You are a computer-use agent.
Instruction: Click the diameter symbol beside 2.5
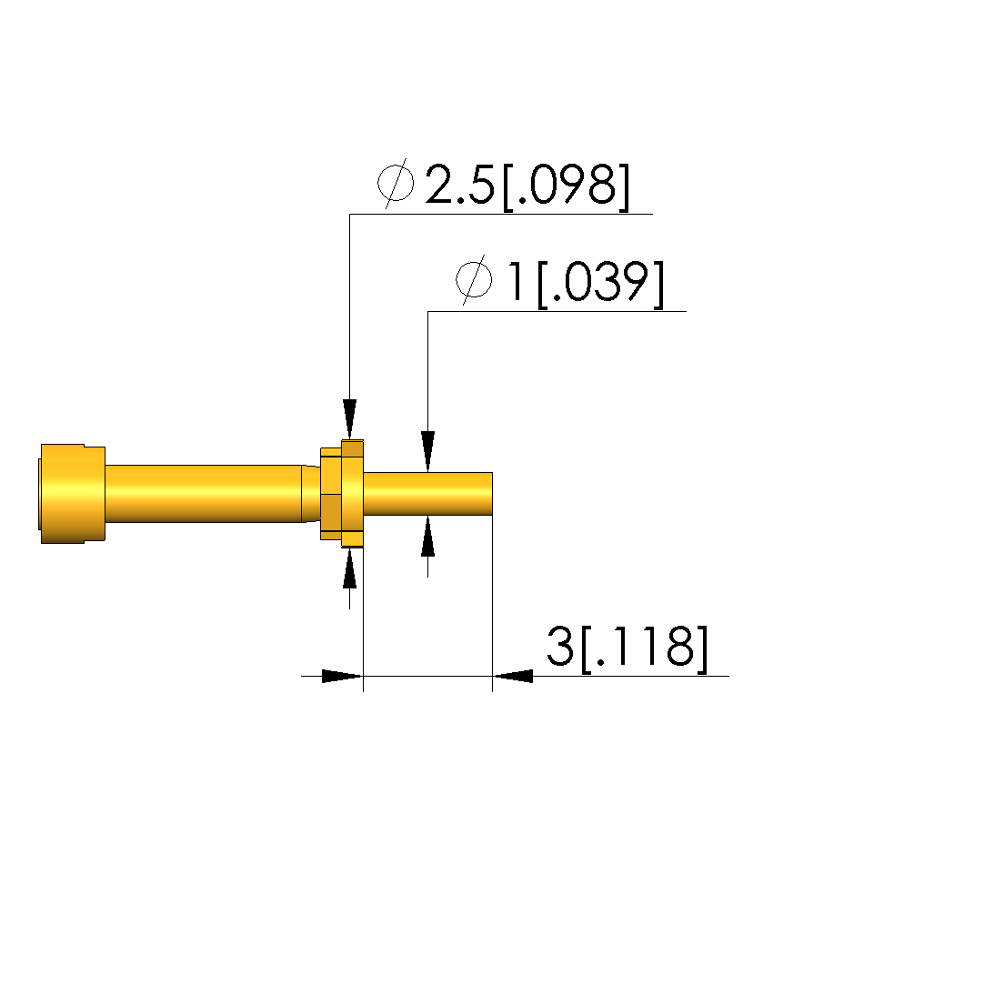tap(396, 184)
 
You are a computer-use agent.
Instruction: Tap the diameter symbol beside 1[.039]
tap(474, 279)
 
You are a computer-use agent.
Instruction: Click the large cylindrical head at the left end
tap(72, 494)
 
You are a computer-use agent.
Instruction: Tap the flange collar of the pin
tap(352, 494)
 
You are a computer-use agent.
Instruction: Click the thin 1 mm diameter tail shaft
tap(427, 494)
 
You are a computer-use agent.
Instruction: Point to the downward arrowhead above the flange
tap(350, 419)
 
